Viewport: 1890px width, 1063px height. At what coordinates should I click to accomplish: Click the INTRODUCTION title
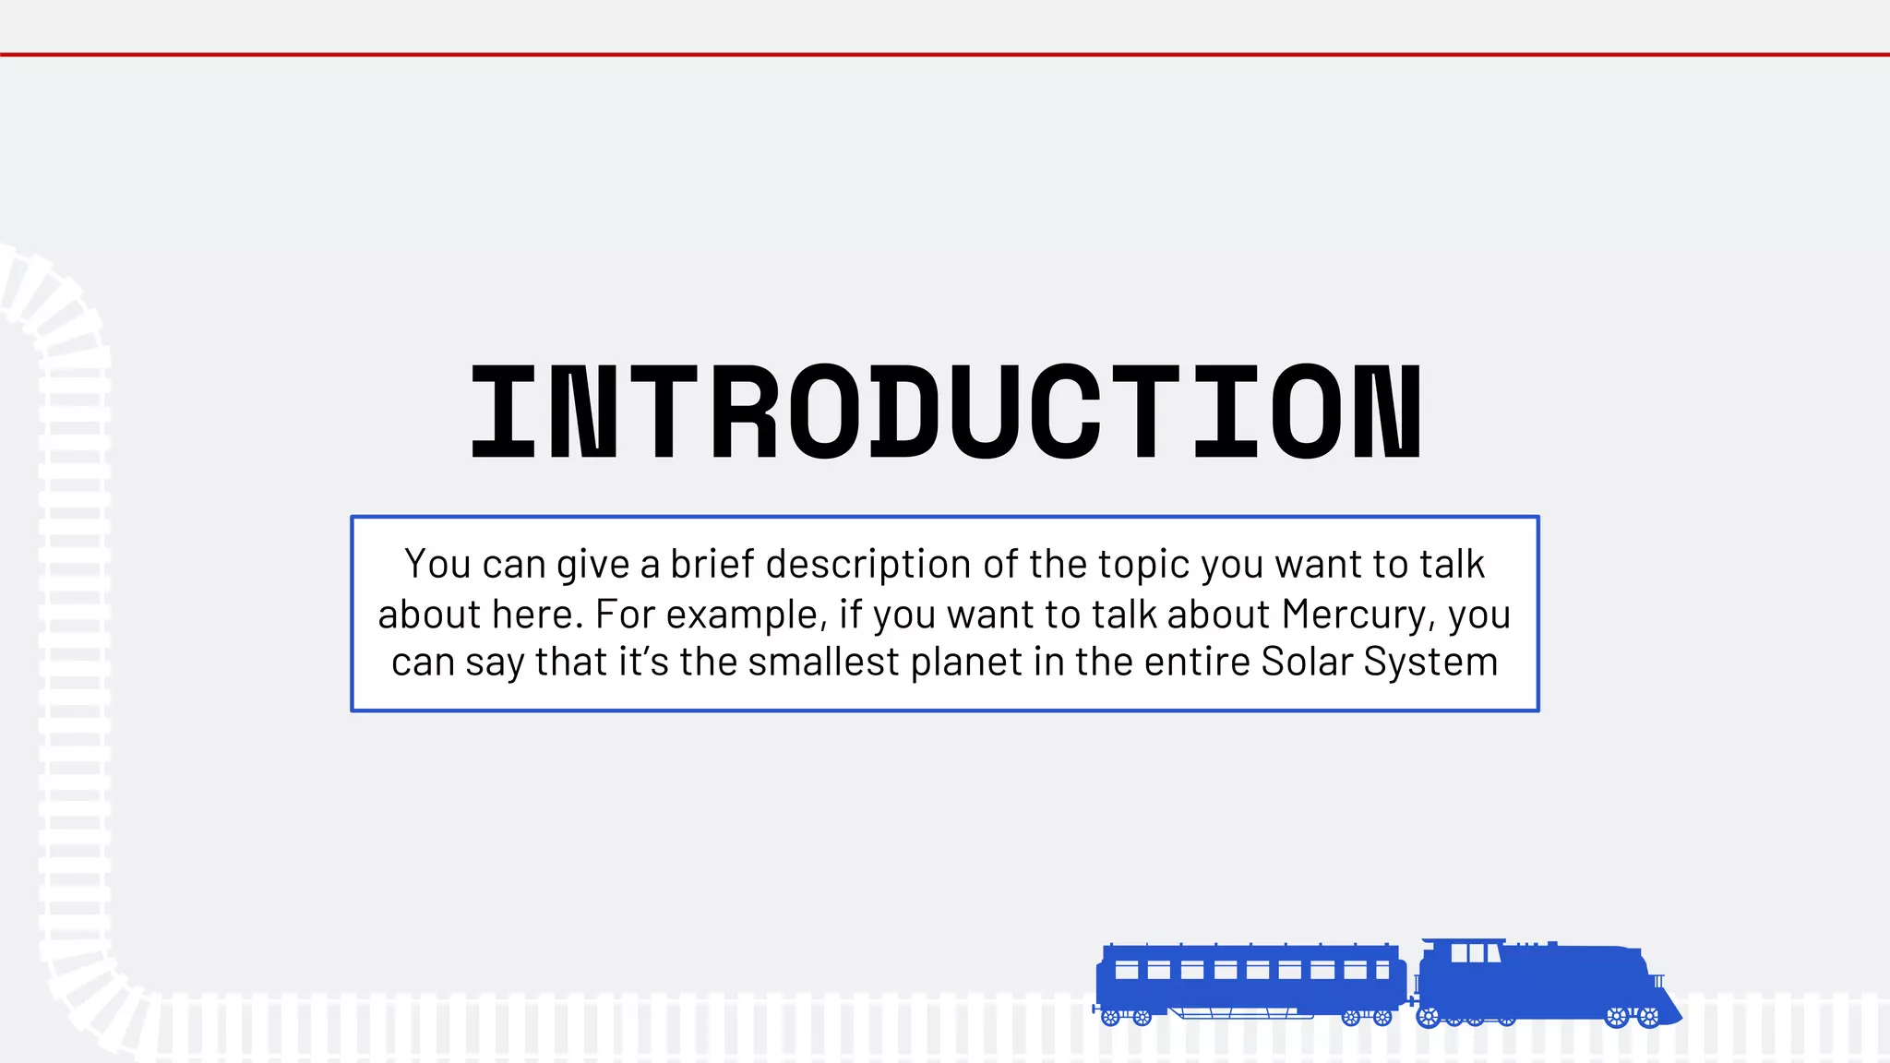click(x=946, y=412)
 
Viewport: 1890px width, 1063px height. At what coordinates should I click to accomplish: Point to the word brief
click(x=712, y=564)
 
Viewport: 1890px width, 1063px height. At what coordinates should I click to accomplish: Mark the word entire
click(x=1203, y=662)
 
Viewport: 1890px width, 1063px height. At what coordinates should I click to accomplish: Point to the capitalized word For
click(x=625, y=615)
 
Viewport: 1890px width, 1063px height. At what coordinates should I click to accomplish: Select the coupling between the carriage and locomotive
click(x=1412, y=1000)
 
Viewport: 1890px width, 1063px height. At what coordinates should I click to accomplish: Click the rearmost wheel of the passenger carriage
click(x=1111, y=1018)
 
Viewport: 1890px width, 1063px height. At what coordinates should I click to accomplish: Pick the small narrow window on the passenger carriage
click(x=1382, y=971)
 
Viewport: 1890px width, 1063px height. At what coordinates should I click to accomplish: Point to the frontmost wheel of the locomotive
click(x=1648, y=1018)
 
